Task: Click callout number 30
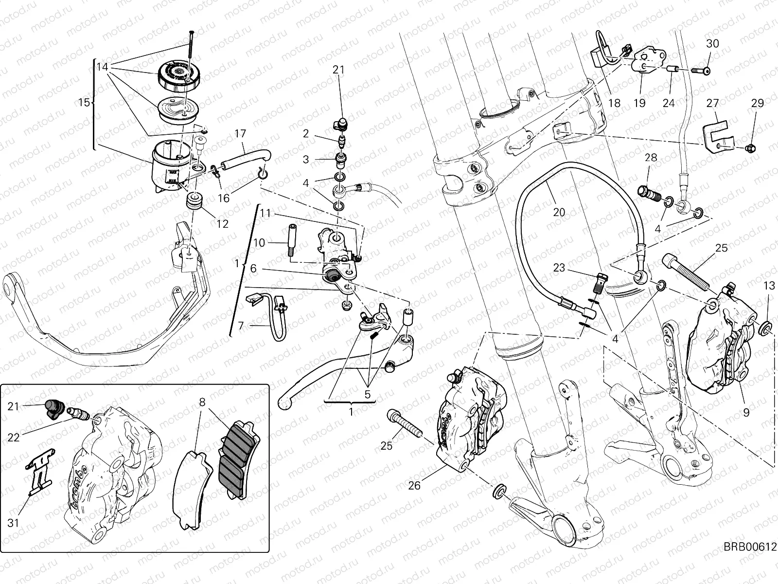(712, 43)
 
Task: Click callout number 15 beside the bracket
(84, 103)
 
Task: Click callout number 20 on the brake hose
(559, 212)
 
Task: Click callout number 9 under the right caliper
(746, 413)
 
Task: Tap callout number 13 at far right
(769, 286)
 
